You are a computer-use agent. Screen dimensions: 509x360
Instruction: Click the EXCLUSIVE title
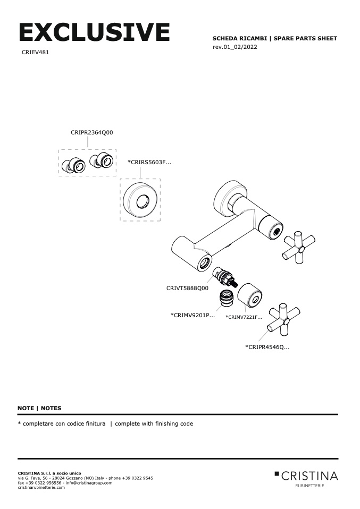(94, 33)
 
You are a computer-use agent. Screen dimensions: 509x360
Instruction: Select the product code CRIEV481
(36, 53)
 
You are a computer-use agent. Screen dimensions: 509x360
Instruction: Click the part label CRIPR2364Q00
(91, 133)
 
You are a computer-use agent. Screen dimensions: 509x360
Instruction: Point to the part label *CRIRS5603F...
(149, 162)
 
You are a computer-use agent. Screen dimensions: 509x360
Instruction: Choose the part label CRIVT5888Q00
(187, 289)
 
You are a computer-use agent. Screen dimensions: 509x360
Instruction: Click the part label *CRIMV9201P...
(192, 315)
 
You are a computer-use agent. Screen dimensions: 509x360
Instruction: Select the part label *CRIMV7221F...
(244, 317)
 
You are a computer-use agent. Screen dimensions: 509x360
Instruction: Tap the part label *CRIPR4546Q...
(267, 347)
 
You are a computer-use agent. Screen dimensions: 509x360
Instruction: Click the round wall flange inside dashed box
(141, 200)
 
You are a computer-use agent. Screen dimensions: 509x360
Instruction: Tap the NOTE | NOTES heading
(39, 408)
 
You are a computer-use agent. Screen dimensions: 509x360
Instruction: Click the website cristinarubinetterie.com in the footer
(41, 487)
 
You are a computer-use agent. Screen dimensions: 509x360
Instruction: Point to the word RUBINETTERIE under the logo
(309, 486)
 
